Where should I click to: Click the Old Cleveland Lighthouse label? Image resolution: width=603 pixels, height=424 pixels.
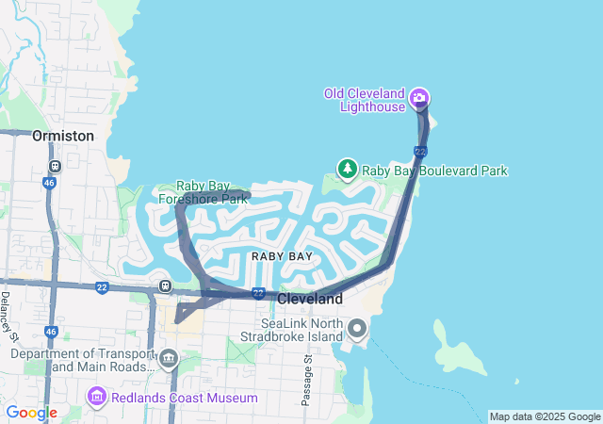pos(364,99)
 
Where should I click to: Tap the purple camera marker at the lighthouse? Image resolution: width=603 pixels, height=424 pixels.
pos(420,97)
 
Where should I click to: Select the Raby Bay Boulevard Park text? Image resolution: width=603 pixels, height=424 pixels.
pos(435,171)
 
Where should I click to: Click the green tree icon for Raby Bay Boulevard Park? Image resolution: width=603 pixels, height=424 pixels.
pos(348,169)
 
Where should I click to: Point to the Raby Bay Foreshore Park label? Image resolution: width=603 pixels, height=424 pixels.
pos(203,193)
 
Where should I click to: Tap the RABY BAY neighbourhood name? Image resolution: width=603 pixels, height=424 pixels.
pos(282,256)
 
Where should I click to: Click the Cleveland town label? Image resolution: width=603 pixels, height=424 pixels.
pos(310,298)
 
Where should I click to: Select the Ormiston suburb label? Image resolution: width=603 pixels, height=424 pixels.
pos(63,136)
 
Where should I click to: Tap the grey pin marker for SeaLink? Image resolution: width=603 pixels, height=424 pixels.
pos(358,329)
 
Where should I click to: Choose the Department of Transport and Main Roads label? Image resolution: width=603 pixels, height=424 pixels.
pos(82,360)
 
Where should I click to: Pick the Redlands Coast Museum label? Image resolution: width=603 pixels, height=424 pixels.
pos(184,398)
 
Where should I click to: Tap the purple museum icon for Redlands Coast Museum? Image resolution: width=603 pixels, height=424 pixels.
pos(96,397)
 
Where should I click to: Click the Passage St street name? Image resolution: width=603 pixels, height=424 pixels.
pos(307,381)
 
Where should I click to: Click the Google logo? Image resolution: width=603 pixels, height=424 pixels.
pos(31,413)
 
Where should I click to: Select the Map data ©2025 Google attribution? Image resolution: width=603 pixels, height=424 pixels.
pos(545,416)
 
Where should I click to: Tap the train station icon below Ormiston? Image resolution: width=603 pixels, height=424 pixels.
pos(55,167)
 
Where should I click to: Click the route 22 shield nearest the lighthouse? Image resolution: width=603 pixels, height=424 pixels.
pos(420,152)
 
